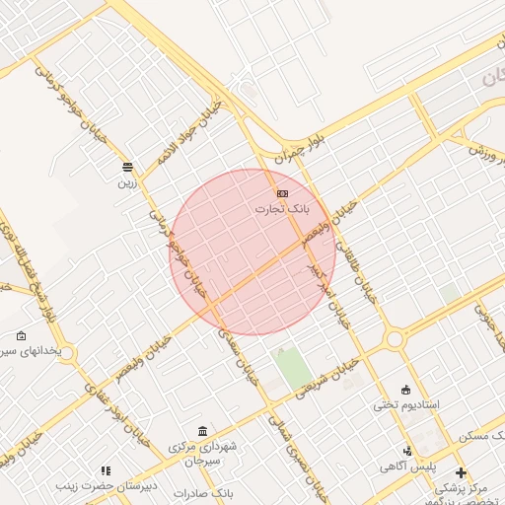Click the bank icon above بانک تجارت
[283, 193]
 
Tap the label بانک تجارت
[282, 209]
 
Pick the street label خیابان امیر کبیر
[328, 293]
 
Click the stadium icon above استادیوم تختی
[406, 389]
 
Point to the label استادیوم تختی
[405, 404]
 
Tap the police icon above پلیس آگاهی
[407, 449]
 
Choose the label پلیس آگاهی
[406, 465]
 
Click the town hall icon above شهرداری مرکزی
[202, 432]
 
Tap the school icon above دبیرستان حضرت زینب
[106, 470]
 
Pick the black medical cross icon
[461, 472]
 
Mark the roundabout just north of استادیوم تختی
[395, 340]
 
